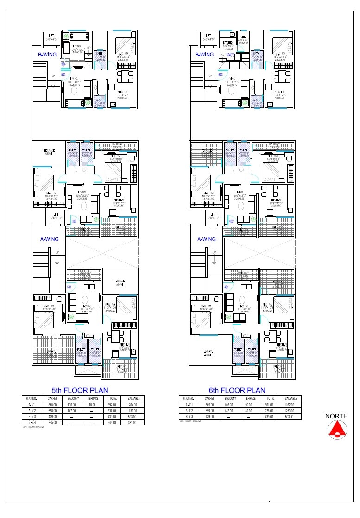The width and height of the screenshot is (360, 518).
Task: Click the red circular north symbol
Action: pos(336,430)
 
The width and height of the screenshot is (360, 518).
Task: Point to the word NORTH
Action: pos(336,416)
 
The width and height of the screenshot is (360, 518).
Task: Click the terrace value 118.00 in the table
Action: pos(91,404)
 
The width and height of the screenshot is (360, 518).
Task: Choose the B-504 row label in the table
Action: pos(32,422)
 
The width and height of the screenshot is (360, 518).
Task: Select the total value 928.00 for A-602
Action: pos(270,410)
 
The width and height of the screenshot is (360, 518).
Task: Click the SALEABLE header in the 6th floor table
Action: pos(291,398)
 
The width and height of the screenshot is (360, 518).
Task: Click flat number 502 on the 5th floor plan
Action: pos(74,222)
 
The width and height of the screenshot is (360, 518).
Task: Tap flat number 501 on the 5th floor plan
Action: pos(69,287)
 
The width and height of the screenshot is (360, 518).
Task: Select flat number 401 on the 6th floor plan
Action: pos(227,287)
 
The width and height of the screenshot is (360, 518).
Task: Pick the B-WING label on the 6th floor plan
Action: pos(204,55)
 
